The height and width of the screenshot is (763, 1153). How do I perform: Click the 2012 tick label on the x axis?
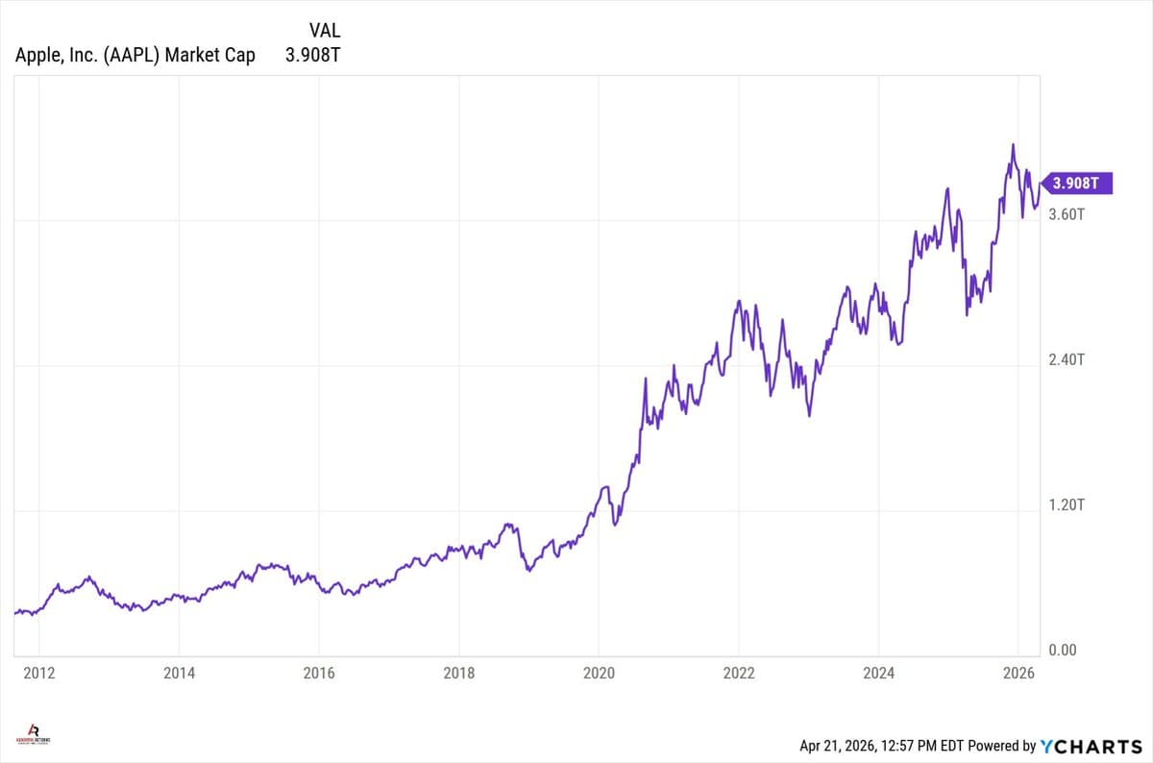coord(38,673)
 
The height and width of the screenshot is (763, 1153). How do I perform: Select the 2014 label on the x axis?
coord(179,673)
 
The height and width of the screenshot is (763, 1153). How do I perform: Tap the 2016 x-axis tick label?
coord(319,673)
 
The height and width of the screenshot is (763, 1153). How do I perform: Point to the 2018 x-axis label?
coord(459,673)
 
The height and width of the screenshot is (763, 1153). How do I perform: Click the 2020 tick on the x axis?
coord(599,673)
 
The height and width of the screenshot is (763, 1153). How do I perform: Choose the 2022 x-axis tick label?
coord(739,673)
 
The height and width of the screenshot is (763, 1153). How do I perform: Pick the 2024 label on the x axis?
coord(878,673)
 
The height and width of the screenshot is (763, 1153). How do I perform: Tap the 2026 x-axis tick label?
coord(1018,673)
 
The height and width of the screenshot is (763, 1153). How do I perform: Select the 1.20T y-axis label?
coord(1067,505)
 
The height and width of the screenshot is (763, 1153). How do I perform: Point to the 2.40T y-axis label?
coord(1067,359)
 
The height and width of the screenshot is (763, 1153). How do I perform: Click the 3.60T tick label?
coord(1067,214)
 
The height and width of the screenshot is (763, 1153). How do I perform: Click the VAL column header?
coord(325,31)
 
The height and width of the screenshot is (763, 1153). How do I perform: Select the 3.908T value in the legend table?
coord(312,55)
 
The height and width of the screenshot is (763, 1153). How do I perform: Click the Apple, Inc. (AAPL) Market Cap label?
coord(135,55)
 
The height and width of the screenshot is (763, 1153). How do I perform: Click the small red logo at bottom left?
coord(36,735)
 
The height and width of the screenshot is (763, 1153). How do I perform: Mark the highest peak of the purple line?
coord(1013,145)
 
